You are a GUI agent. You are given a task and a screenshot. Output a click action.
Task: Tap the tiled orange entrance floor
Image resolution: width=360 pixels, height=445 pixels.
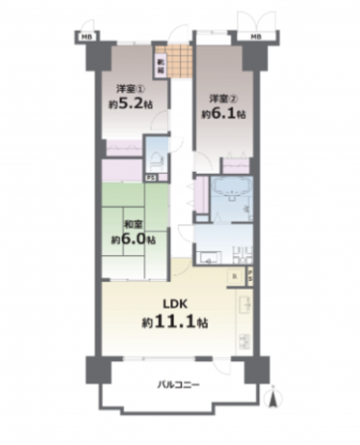tap(179, 63)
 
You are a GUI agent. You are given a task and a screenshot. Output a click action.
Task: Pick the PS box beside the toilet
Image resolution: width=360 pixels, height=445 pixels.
tap(150, 178)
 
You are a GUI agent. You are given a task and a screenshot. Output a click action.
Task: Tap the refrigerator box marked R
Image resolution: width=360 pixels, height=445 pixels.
tap(233, 276)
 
